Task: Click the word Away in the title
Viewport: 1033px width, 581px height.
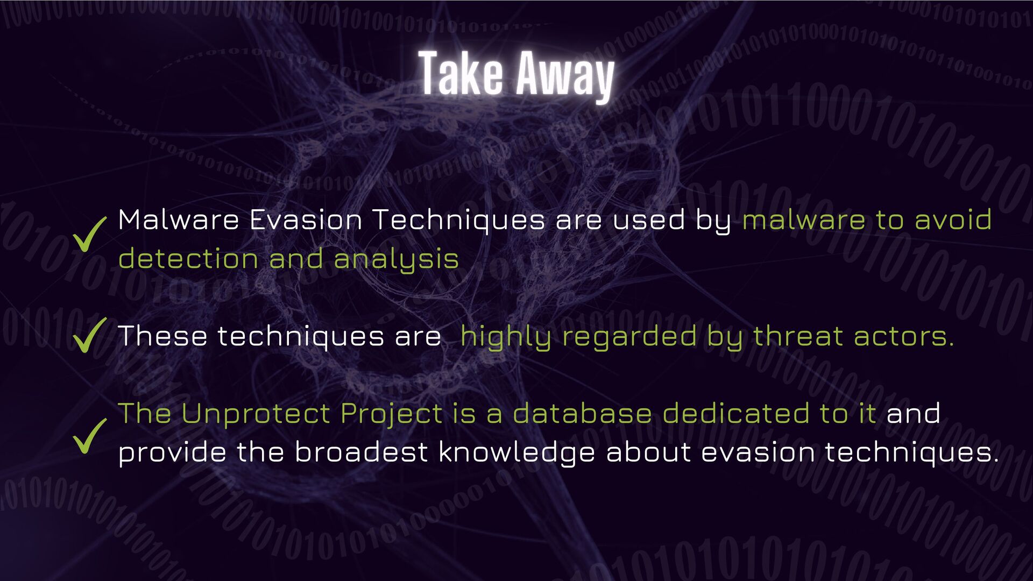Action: coord(565,76)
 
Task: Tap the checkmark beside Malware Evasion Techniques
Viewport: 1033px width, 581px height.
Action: coord(90,235)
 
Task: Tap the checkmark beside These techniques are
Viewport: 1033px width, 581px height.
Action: coord(90,335)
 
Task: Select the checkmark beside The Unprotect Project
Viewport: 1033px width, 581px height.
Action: coord(90,436)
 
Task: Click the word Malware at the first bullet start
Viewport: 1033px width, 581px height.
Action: coord(178,220)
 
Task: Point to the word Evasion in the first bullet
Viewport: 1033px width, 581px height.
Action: coord(306,220)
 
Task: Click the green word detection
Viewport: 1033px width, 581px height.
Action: coord(188,259)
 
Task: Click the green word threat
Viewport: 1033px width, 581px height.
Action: coord(798,336)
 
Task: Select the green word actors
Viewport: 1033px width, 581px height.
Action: coord(903,336)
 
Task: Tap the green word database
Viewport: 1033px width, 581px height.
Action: coord(582,414)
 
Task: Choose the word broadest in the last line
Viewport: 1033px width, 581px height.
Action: coord(360,452)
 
